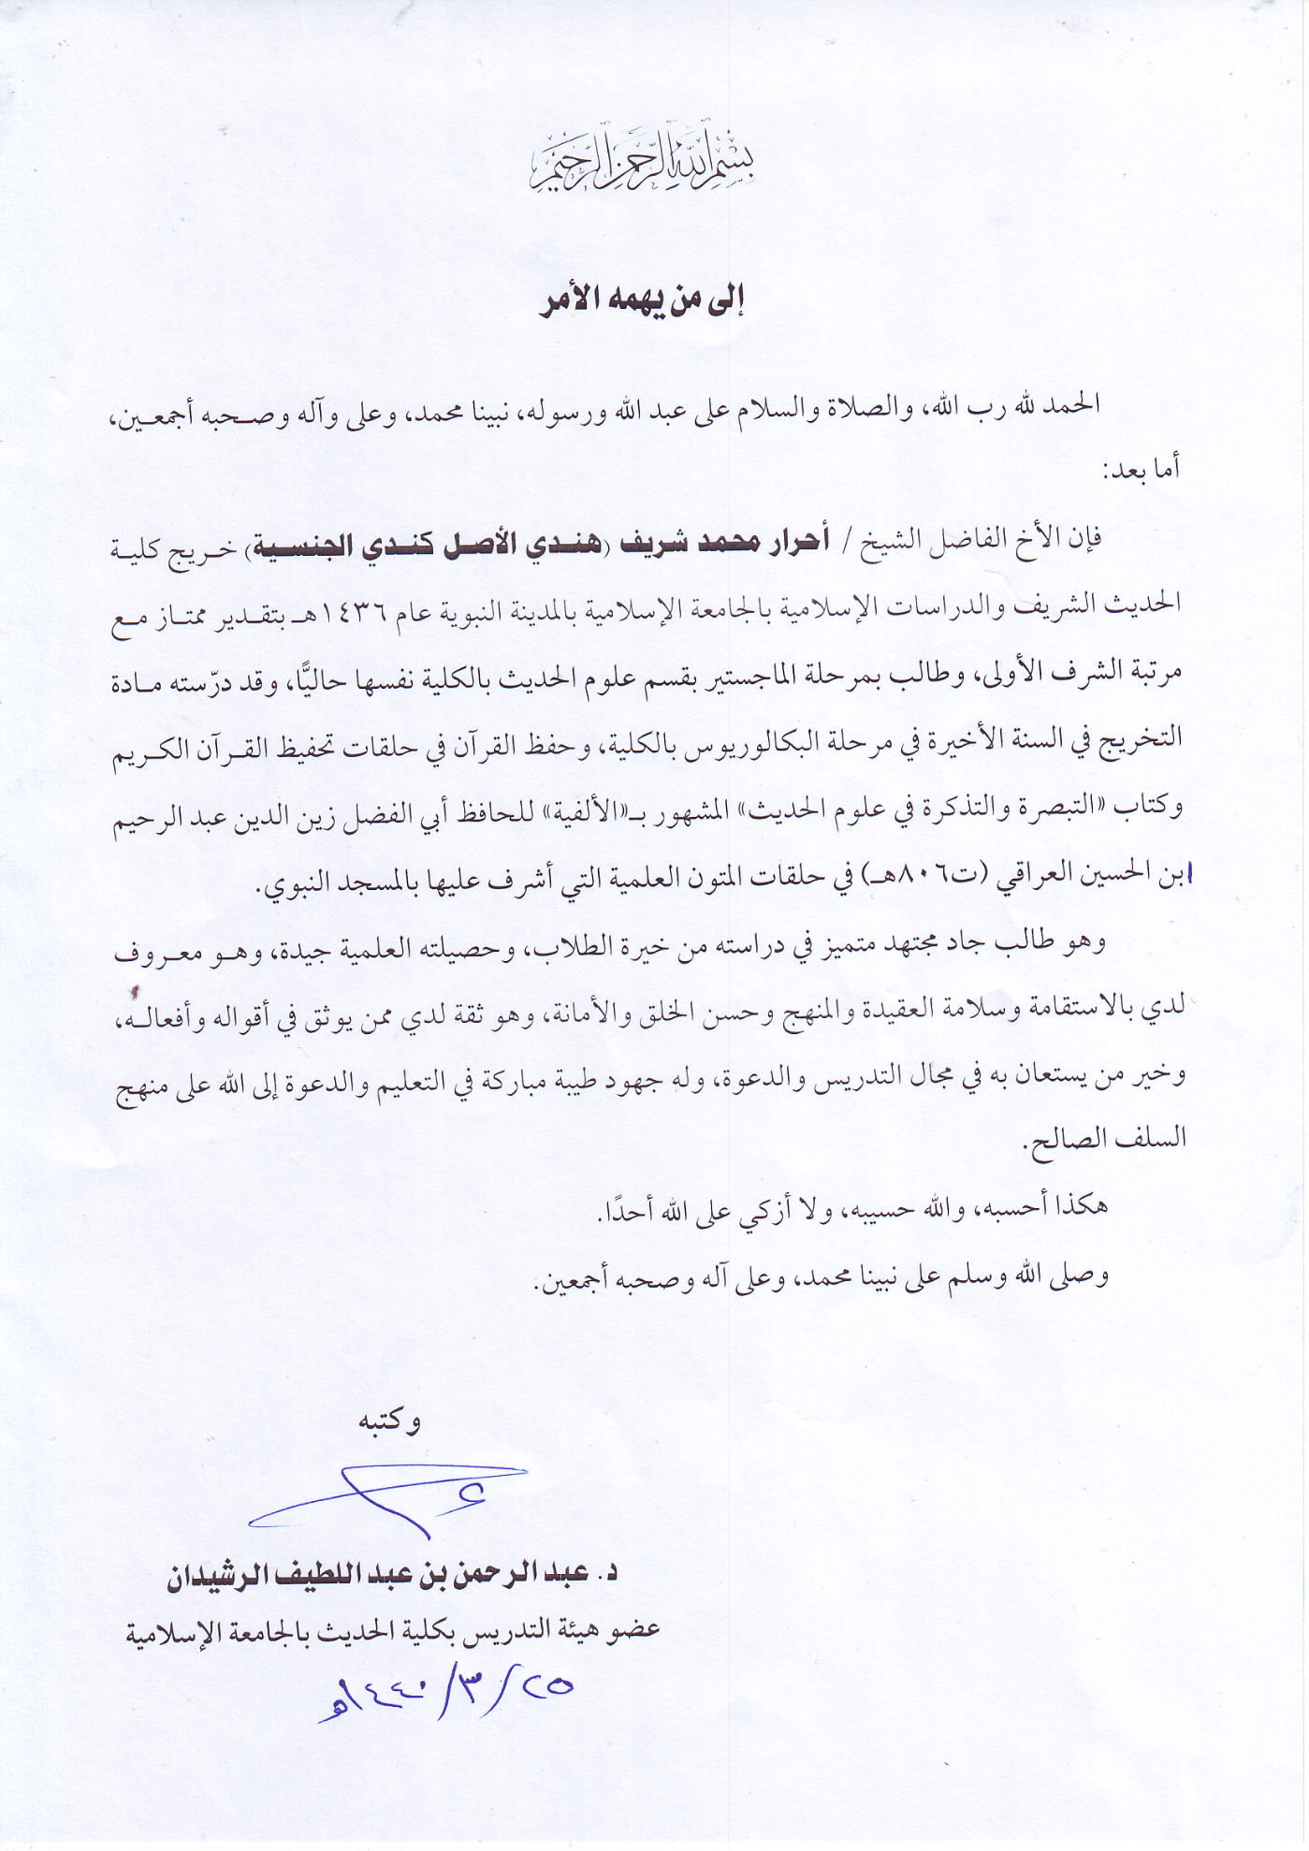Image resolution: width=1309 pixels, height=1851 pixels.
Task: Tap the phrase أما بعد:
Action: coord(1142,468)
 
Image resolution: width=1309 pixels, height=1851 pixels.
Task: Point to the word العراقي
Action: coord(1040,878)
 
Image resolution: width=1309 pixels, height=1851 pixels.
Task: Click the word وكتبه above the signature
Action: coord(389,1421)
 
